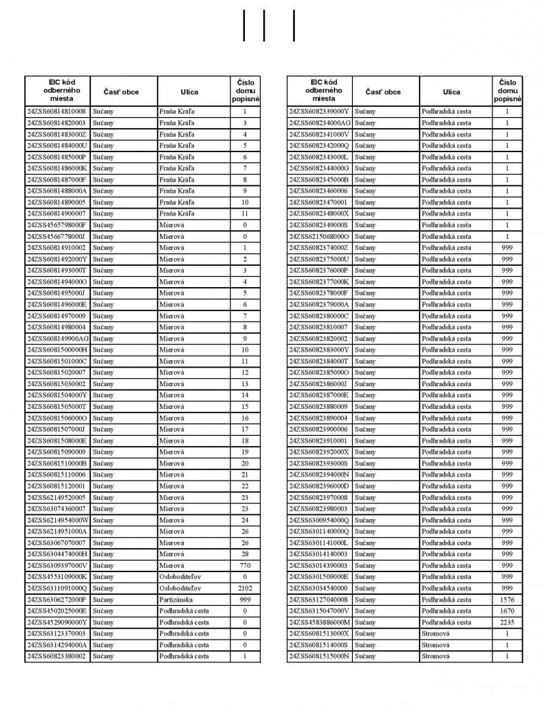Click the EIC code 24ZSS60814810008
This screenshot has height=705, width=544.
click(x=56, y=112)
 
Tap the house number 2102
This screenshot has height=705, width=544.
click(x=245, y=588)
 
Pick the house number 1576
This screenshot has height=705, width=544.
click(x=507, y=600)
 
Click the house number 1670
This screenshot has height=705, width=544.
click(x=507, y=611)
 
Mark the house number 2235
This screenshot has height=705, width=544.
click(x=507, y=622)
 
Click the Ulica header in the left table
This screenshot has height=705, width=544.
click(x=189, y=92)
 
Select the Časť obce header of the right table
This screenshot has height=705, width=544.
click(x=383, y=92)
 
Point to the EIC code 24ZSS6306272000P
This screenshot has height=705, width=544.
click(x=56, y=600)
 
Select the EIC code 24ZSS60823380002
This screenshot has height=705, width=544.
click(x=56, y=656)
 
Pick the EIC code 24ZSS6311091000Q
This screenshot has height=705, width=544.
click(x=57, y=588)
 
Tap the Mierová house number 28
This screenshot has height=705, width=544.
click(x=245, y=554)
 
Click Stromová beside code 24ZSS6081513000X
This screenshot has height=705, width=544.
click(x=435, y=633)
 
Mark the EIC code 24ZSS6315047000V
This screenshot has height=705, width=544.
click(x=319, y=611)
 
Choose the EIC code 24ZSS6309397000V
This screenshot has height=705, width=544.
click(x=57, y=565)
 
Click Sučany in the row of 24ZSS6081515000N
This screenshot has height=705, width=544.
click(x=366, y=656)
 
